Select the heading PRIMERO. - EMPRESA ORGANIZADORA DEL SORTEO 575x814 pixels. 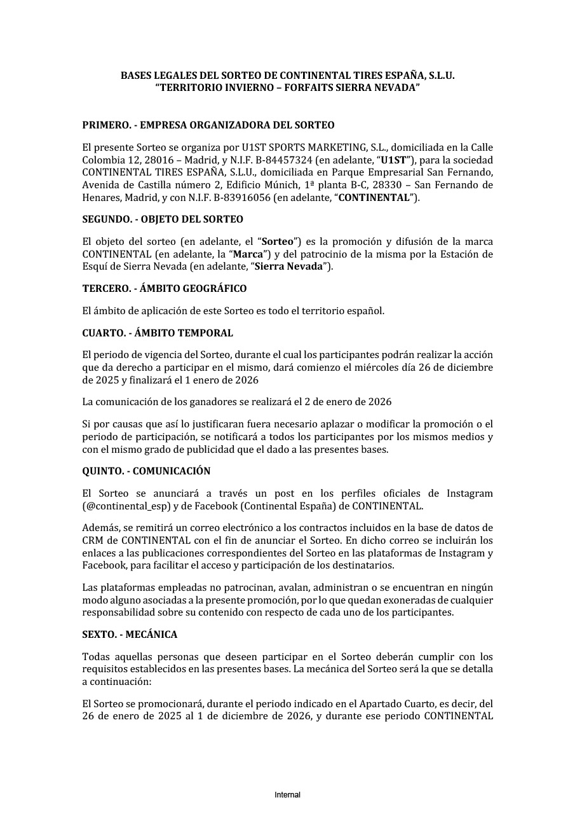coord(208,125)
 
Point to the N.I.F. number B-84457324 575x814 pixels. coord(312,160)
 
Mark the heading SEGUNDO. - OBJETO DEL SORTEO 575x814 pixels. coord(163,219)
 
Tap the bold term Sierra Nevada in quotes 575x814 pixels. coord(288,267)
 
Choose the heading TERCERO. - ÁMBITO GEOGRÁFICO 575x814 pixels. coord(165,289)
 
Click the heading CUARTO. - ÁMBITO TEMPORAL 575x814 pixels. coord(158,333)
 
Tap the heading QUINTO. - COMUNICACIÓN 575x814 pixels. coord(146,471)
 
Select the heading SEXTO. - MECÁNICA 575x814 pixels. coord(130,635)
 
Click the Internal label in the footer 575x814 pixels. coord(287,795)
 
